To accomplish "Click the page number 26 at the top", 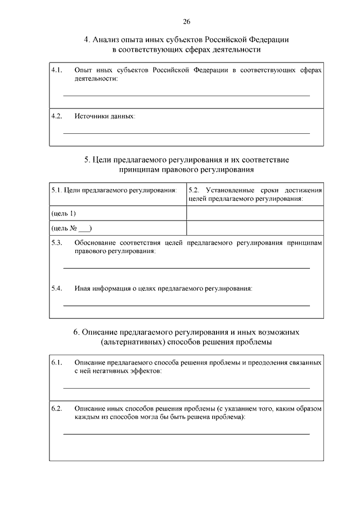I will tap(186, 21).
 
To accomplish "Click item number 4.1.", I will tap(56, 71).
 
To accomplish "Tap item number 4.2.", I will tap(56, 116).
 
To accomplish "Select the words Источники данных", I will tap(105, 116).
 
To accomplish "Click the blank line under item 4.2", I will tap(186, 133).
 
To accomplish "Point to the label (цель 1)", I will tap(64, 214).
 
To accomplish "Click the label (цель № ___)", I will tap(71, 228).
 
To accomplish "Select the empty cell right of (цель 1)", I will tap(255, 214).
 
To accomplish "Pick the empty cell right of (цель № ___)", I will tap(255, 228).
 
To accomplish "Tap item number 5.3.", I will tap(56, 242).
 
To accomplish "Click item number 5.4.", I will tap(56, 289).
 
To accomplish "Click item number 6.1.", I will tap(56, 363).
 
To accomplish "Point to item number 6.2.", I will tap(56, 408).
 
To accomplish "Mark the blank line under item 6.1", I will tap(186, 388).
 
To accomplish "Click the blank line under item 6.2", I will tap(186, 434).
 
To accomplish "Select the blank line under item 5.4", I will tap(186, 305).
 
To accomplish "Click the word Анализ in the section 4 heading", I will tap(107, 40).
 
